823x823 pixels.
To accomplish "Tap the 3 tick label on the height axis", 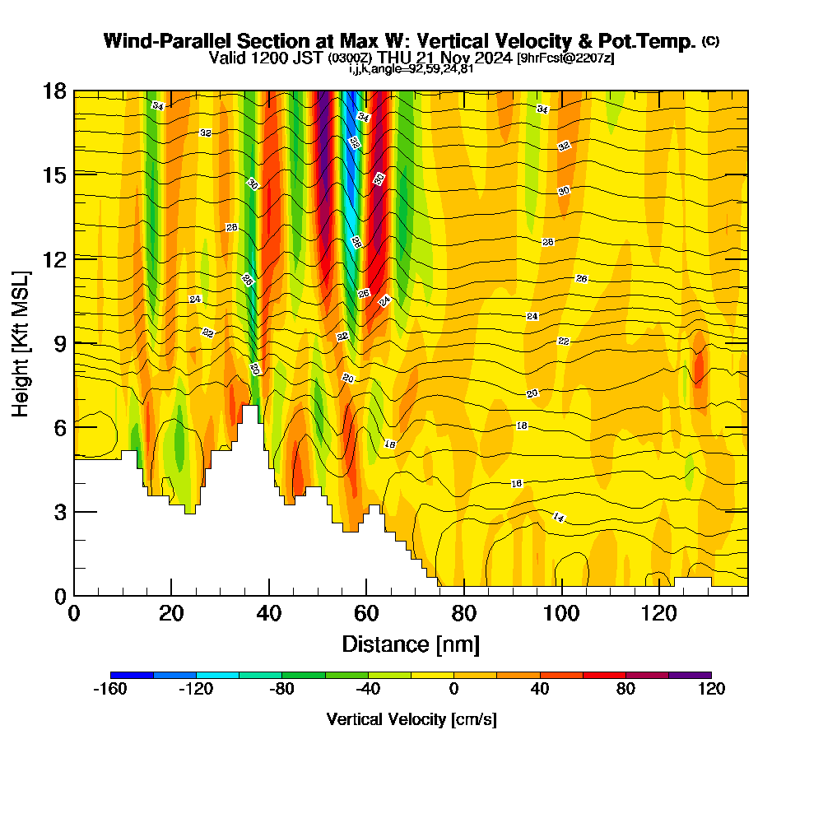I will tap(59, 511).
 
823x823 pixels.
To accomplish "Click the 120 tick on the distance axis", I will tap(660, 595).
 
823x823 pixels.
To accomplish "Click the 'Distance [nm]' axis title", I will tap(411, 644).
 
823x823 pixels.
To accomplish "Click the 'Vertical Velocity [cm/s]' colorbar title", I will tap(411, 719).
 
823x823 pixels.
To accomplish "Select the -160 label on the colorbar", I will tap(110, 690).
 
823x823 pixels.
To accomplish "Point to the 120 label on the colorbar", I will tap(711, 690).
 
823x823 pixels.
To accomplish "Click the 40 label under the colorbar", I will tap(540, 690).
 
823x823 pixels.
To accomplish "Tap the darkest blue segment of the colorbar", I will tap(132, 675).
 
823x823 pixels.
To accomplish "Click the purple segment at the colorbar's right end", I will tap(690, 675).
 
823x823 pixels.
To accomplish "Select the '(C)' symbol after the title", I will tap(710, 41).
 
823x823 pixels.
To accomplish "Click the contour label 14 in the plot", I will tap(559, 517).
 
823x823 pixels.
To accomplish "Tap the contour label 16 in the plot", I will tap(517, 483).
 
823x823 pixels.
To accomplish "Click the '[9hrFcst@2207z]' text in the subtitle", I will tap(565, 58).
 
